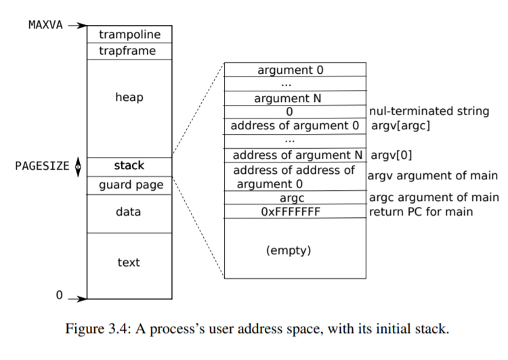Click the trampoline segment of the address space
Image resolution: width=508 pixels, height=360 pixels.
point(129,34)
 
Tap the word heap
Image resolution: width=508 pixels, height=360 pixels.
point(129,97)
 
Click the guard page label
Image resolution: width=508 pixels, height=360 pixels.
point(131,185)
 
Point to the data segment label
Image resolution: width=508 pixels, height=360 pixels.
point(129,212)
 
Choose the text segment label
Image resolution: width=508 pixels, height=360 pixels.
point(129,262)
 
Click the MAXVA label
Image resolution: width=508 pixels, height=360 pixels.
point(46,25)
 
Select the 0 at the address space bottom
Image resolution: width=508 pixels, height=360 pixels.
point(59,296)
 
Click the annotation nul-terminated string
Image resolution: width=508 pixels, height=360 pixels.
point(429,112)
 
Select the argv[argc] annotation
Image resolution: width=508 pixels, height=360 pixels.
point(401,126)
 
